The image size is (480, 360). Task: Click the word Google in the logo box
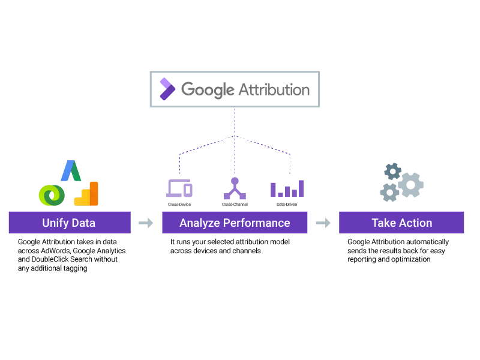(x=207, y=90)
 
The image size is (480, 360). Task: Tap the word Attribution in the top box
(x=274, y=89)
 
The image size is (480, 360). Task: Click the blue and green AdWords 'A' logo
(x=71, y=171)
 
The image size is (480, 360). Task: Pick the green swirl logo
(x=52, y=194)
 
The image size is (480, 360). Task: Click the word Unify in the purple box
(x=56, y=223)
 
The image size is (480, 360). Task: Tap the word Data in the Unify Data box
(x=83, y=223)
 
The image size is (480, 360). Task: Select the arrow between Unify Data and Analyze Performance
(x=146, y=223)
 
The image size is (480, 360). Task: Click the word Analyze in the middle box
(x=199, y=223)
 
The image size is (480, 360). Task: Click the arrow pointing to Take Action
(x=323, y=223)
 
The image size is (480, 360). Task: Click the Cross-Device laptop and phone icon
(x=179, y=188)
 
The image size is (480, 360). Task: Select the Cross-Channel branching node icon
(x=235, y=188)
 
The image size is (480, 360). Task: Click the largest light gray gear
(x=410, y=185)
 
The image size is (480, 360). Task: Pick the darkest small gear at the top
(x=392, y=172)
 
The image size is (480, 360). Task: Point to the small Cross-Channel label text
(x=235, y=205)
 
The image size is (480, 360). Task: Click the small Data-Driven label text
(x=287, y=205)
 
